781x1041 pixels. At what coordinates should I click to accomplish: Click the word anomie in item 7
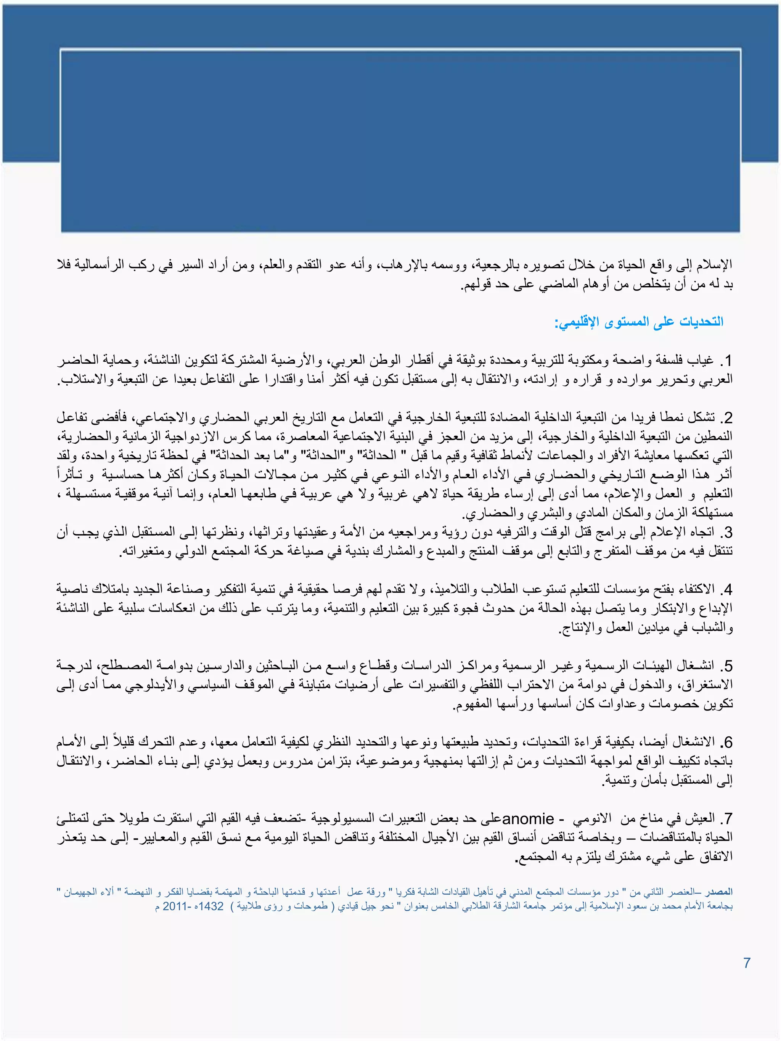[x=528, y=819]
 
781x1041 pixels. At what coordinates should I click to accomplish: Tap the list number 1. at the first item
[x=727, y=361]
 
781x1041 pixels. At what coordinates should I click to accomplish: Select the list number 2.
[x=726, y=418]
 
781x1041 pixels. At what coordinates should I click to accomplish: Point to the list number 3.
[x=726, y=533]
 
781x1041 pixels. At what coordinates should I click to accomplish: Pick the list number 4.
[x=726, y=590]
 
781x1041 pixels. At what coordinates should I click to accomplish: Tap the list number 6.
[x=726, y=742]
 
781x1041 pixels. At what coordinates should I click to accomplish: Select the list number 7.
[x=726, y=819]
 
